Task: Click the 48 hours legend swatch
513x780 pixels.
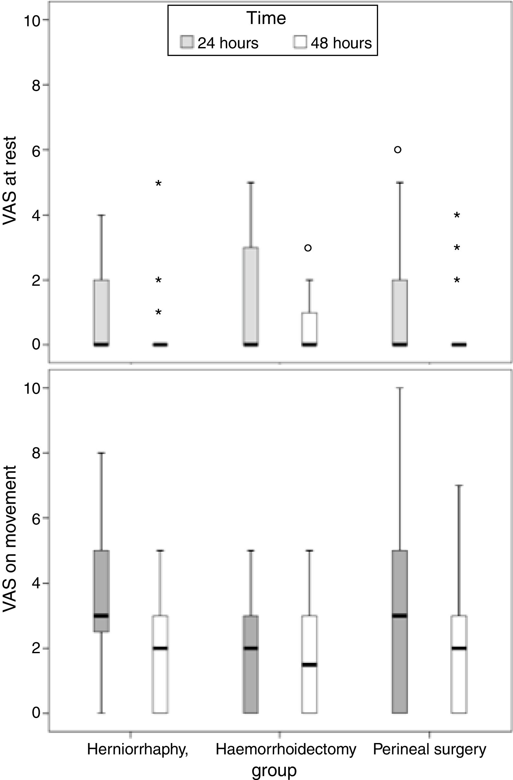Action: click(300, 42)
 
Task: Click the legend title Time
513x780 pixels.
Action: click(266, 18)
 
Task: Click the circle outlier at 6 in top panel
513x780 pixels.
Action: click(398, 150)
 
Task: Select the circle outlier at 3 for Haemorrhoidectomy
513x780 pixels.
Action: click(308, 248)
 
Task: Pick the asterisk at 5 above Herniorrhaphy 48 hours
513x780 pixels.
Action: click(158, 184)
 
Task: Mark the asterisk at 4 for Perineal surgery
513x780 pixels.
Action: click(457, 216)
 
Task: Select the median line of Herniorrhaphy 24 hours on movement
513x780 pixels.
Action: click(101, 616)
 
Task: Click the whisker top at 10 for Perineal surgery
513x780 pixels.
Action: click(400, 388)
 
